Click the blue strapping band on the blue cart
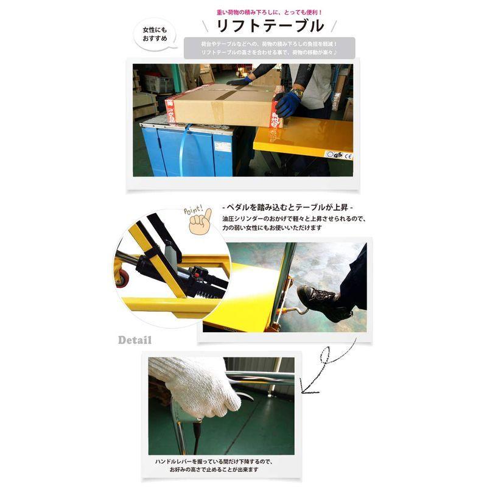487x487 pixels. [184, 150]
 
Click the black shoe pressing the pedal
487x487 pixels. [321, 300]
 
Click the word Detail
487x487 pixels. [135, 340]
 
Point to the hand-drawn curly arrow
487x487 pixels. [324, 368]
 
